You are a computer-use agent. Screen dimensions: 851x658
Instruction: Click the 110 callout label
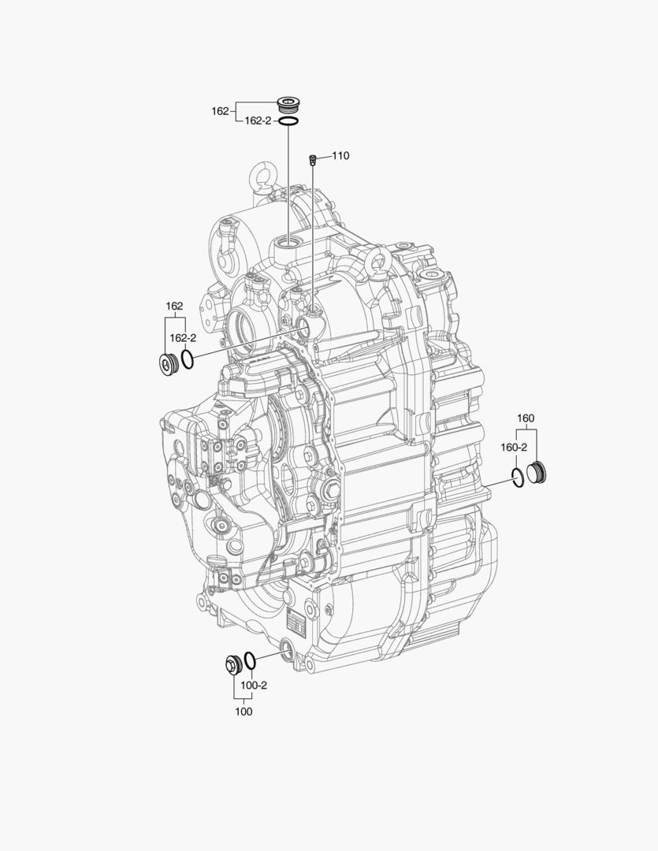click(x=340, y=156)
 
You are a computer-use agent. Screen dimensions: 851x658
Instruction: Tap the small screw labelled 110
click(x=313, y=160)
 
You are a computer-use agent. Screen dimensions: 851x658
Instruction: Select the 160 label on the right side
click(x=526, y=418)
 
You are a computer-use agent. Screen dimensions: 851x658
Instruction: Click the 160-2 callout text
click(x=514, y=447)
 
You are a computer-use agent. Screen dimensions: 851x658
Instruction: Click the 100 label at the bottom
click(x=243, y=712)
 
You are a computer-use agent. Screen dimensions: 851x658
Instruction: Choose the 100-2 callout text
click(x=254, y=685)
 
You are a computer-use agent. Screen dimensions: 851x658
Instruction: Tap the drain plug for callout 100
click(x=232, y=663)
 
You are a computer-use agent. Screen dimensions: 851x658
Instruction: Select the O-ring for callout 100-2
click(x=250, y=660)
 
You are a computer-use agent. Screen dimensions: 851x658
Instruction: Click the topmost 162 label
click(x=220, y=111)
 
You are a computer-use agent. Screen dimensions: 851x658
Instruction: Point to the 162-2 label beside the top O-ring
click(x=257, y=121)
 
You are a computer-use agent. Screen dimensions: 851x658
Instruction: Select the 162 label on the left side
click(x=173, y=306)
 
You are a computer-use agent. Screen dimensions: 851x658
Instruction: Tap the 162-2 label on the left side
click(x=183, y=337)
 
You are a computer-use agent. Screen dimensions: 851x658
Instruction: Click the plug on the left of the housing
click(x=168, y=365)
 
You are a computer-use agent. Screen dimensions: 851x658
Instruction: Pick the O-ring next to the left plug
click(x=188, y=361)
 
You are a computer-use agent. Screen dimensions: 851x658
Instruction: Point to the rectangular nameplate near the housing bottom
click(x=296, y=622)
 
